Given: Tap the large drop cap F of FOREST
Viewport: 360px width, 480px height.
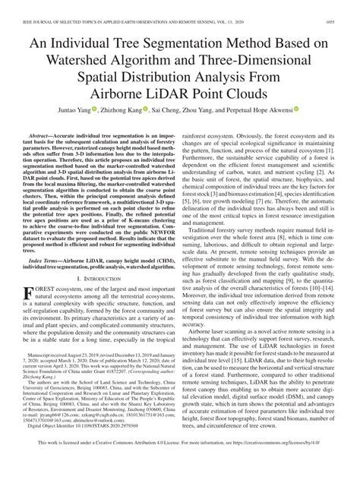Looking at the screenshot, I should [32, 293].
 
